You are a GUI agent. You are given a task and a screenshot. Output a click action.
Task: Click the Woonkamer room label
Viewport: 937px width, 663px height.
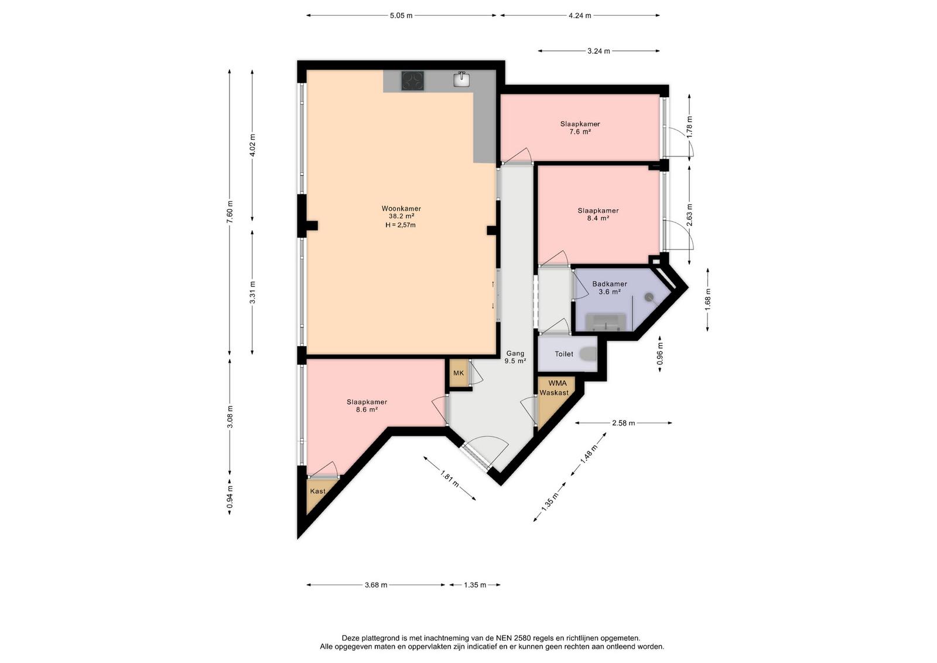point(401,209)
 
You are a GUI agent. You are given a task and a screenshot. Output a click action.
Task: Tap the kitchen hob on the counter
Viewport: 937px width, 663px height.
point(412,81)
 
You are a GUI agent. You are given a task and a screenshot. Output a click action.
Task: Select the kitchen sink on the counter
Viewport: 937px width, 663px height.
point(461,80)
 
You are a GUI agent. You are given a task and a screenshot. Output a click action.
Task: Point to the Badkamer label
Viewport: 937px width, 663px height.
point(610,284)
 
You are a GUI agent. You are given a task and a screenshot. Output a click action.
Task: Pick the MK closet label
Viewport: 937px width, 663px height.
point(459,373)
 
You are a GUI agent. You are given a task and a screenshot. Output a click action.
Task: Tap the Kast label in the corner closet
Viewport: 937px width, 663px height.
point(317,491)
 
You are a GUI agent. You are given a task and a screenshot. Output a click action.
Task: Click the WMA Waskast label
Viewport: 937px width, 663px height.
point(554,388)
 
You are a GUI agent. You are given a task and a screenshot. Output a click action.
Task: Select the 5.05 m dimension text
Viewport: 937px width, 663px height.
point(401,15)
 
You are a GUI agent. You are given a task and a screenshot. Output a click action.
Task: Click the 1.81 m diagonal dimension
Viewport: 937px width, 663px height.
point(450,478)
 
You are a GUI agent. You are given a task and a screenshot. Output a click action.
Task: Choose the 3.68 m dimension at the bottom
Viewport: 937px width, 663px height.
point(375,585)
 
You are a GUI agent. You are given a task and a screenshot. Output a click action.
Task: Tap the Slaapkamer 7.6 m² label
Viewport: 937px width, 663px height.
point(580,128)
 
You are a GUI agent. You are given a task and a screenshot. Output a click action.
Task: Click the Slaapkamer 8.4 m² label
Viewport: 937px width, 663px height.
point(598,214)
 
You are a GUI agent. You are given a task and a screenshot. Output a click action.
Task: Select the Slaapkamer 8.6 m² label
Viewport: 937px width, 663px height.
point(367,406)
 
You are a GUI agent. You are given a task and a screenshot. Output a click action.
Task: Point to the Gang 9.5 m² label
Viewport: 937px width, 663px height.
point(515,357)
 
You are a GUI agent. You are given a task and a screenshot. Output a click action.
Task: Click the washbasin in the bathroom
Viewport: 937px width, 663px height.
point(606,322)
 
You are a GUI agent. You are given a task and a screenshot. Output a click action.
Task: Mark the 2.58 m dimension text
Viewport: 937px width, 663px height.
point(623,423)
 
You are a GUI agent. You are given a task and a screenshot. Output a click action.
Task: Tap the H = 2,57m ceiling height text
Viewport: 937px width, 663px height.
point(401,225)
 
